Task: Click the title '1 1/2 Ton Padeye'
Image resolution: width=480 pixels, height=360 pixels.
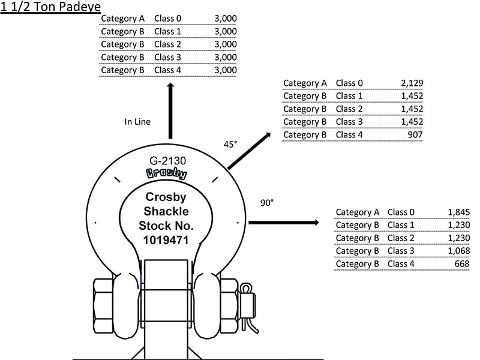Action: click(50, 7)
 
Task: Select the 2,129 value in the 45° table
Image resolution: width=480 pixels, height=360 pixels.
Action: click(412, 83)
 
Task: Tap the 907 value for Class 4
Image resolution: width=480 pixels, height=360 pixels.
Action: click(415, 134)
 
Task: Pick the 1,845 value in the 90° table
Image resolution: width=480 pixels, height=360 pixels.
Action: click(458, 212)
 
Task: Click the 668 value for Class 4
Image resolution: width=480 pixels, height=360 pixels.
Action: click(462, 263)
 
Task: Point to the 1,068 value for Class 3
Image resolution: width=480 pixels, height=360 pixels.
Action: click(458, 251)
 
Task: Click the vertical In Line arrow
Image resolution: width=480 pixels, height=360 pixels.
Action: click(170, 110)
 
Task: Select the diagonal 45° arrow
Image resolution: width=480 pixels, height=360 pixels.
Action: click(249, 151)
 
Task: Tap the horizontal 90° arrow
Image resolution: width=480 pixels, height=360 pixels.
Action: click(284, 223)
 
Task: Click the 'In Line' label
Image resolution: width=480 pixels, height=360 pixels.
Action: click(137, 122)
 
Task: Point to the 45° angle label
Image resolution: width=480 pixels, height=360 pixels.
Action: click(230, 144)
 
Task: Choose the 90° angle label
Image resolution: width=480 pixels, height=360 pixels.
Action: click(267, 203)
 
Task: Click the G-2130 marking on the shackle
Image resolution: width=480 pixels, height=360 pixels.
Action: click(168, 161)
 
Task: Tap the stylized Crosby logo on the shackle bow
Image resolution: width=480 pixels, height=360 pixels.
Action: click(167, 173)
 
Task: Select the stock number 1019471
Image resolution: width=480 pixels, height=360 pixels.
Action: click(166, 241)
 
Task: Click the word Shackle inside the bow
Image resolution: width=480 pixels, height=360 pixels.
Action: click(166, 211)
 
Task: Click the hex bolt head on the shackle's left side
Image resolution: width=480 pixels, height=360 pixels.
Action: click(103, 306)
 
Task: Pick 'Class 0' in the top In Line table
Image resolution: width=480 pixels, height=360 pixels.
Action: click(168, 19)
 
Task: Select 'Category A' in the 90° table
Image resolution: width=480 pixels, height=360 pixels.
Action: click(357, 212)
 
